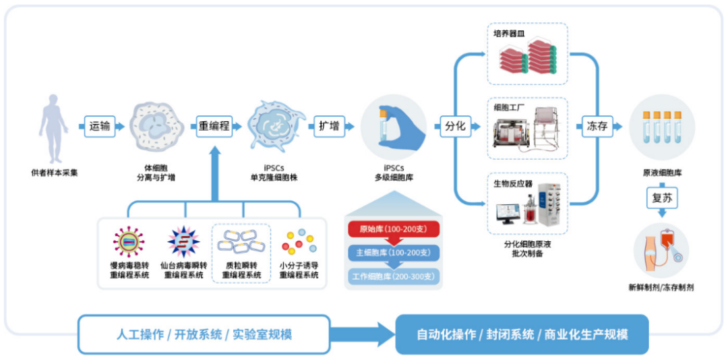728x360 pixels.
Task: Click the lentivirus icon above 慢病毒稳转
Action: pyautogui.click(x=127, y=242)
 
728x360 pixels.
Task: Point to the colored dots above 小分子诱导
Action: pyautogui.click(x=299, y=242)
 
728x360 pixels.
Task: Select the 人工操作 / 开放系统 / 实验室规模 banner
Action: pyautogui.click(x=204, y=334)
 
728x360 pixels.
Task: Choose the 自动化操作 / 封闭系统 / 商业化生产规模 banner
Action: pyautogui.click(x=522, y=334)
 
